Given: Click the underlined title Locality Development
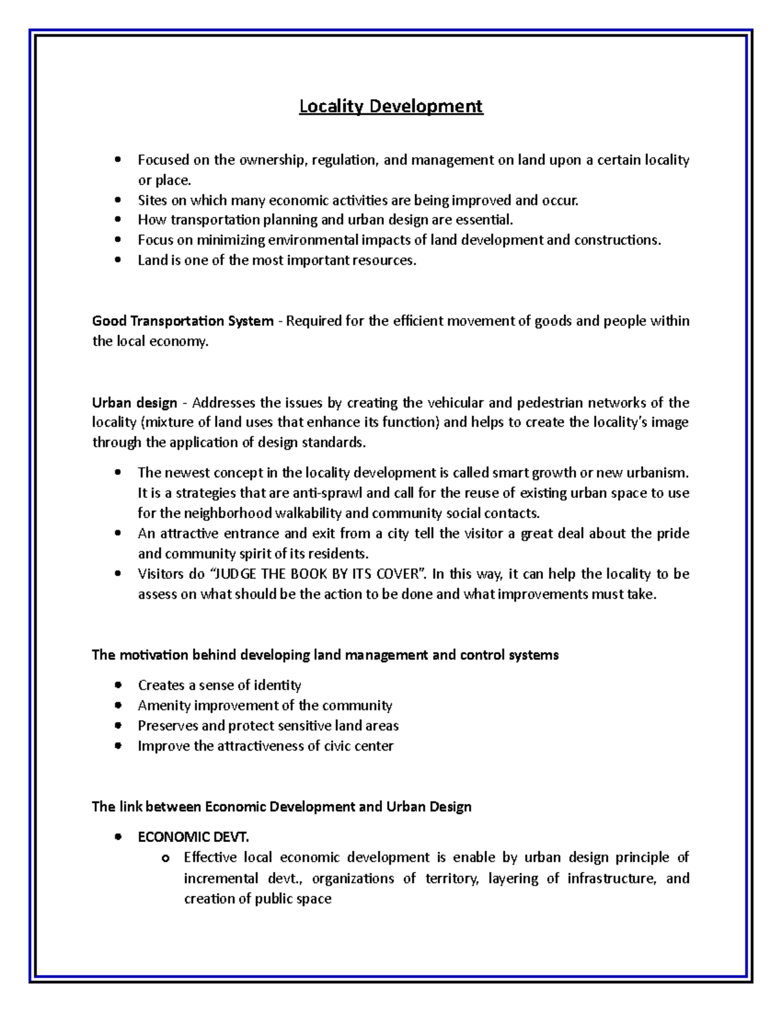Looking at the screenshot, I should pyautogui.click(x=391, y=106).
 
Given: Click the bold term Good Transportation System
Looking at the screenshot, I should pyautogui.click(x=182, y=321).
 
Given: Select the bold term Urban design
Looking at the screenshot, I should pyautogui.click(x=134, y=403).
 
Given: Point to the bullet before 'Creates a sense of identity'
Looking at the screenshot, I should pyautogui.click(x=117, y=686).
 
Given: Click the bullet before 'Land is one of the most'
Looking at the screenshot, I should pyautogui.click(x=117, y=261).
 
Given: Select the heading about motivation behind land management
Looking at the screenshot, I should pyautogui.click(x=325, y=655).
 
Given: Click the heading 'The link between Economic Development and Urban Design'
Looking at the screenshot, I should pyautogui.click(x=282, y=807).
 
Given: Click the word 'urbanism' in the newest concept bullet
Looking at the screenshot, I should pyautogui.click(x=659, y=472).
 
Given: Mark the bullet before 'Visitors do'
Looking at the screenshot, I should pyautogui.click(x=117, y=574).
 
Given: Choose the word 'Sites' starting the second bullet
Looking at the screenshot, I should pyautogui.click(x=152, y=201).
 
